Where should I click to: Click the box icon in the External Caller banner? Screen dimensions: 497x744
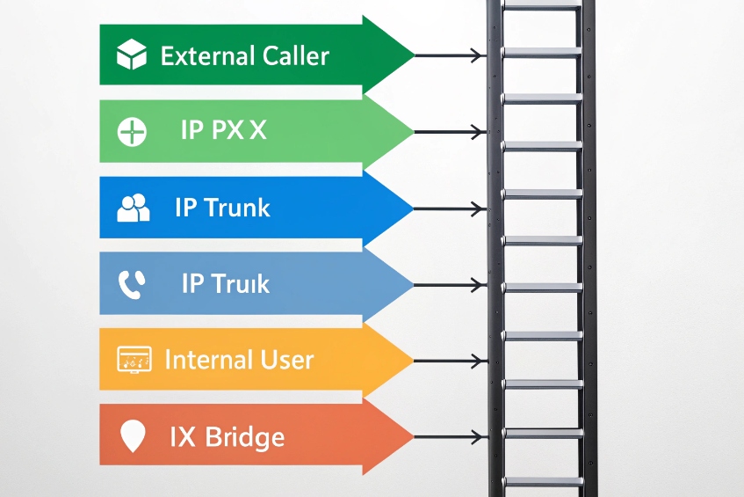[x=132, y=55]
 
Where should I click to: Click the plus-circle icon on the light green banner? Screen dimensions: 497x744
[x=131, y=132]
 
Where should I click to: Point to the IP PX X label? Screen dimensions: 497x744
[x=223, y=131]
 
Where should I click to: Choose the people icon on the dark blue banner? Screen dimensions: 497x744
[x=133, y=208]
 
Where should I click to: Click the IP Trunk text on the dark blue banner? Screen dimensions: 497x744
[x=222, y=208]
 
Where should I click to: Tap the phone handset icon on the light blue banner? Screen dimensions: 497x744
[x=132, y=283]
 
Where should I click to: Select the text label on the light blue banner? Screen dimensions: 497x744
[x=225, y=283]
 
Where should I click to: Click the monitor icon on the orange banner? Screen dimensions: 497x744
[x=134, y=360]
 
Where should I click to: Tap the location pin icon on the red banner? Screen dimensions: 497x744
[x=132, y=436]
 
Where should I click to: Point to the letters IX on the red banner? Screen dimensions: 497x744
[x=181, y=436]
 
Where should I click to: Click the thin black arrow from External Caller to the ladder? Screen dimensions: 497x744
[x=449, y=56]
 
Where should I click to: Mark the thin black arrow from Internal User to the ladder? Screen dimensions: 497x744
[x=449, y=361]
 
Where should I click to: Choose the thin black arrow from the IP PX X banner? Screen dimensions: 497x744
[x=449, y=133]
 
